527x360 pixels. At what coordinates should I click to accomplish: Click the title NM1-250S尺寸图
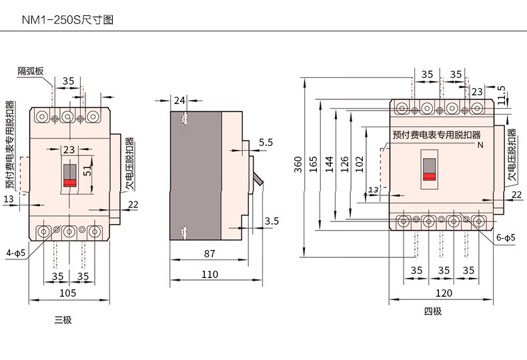pos(67,20)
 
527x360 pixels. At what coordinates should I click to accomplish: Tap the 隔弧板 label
pos(31,71)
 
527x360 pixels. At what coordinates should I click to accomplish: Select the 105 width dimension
pos(67,293)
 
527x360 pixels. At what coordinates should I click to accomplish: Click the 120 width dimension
pos(444,293)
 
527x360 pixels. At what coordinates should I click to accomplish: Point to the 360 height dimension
pos(298,165)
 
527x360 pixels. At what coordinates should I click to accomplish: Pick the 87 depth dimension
pos(209,253)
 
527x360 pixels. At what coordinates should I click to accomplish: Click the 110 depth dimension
pos(209,275)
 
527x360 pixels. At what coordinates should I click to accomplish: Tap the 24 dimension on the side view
pos(179,100)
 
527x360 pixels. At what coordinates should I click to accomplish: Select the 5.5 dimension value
pos(266,143)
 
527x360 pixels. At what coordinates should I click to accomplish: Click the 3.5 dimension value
pos(272,221)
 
